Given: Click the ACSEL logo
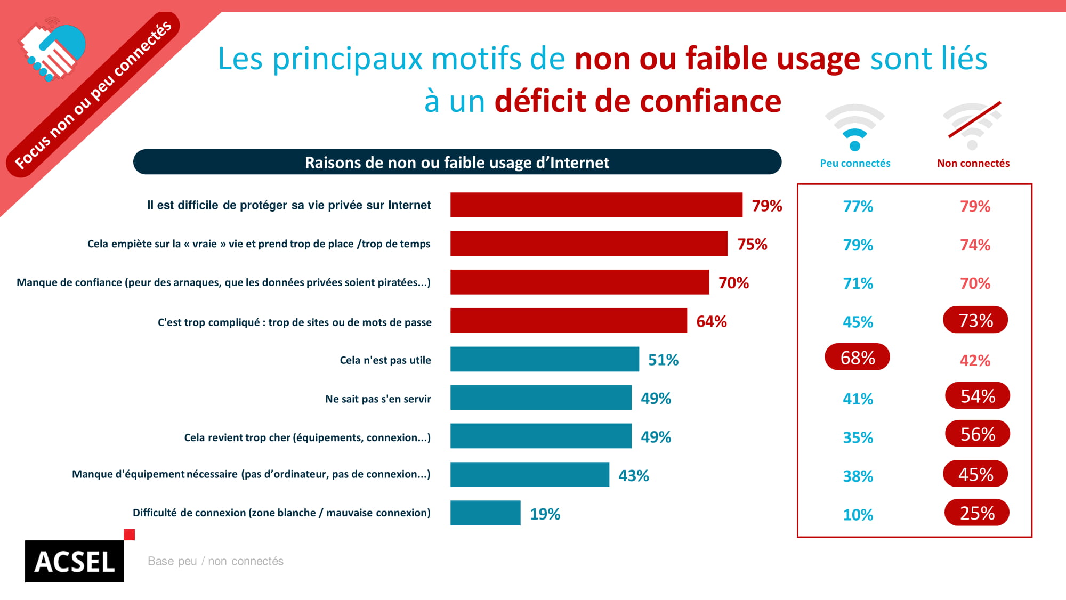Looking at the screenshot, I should (x=75, y=561).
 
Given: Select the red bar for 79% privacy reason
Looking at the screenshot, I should (x=596, y=205).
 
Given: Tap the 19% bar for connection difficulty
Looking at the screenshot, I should (x=485, y=513).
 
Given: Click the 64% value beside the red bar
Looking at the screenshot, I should (x=711, y=321).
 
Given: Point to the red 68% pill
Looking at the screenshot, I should (x=857, y=357).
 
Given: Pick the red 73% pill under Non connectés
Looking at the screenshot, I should (x=975, y=320).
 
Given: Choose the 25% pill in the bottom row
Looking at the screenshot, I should (x=977, y=513).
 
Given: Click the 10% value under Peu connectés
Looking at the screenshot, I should (x=858, y=515).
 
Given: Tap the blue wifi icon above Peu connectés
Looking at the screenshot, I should (x=855, y=128).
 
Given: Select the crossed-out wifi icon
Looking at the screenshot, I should (x=973, y=127).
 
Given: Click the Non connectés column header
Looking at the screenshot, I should (x=973, y=163).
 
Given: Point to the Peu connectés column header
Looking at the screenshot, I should (x=855, y=163).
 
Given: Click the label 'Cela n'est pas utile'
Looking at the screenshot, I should (x=385, y=360).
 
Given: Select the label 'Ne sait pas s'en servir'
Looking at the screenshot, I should (x=378, y=399).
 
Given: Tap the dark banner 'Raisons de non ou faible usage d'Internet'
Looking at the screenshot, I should (x=457, y=162).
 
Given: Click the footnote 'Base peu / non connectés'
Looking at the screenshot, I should (x=215, y=561).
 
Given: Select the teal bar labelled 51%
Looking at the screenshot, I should (x=544, y=359).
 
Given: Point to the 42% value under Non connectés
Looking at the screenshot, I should (x=975, y=361).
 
